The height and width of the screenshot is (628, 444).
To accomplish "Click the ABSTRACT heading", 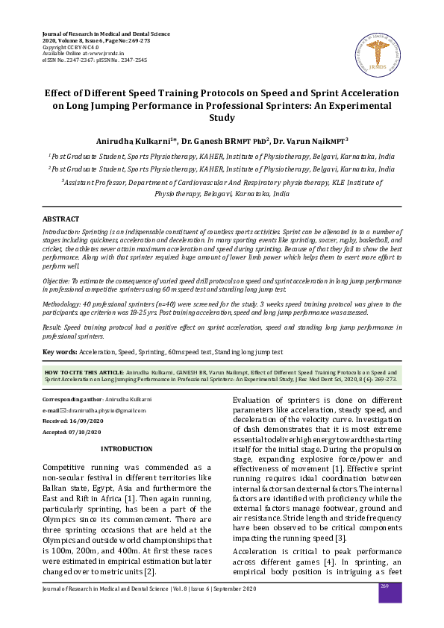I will click(60, 219).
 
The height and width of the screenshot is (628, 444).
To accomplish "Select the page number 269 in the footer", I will click(385, 588).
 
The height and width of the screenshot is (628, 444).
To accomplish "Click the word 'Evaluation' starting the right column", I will click(253, 400).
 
